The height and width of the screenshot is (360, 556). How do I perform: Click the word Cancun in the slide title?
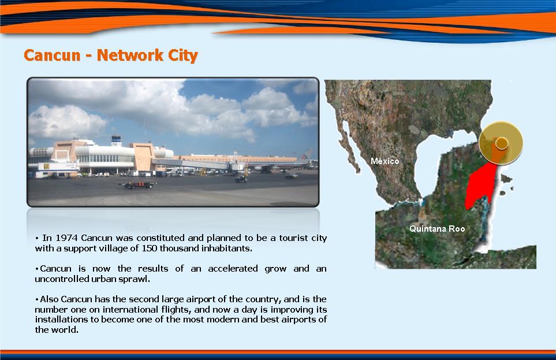click(52, 55)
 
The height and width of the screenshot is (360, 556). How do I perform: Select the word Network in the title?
click(130, 55)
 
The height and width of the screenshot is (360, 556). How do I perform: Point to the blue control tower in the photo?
click(116, 140)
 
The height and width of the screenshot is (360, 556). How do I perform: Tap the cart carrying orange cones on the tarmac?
click(139, 184)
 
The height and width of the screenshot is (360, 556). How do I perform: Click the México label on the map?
click(385, 161)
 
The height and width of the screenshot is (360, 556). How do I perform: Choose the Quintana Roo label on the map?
click(437, 229)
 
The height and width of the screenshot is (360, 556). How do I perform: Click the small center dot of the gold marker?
click(502, 143)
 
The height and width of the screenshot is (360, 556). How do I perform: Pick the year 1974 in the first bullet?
click(66, 238)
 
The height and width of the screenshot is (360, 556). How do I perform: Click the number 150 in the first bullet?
click(150, 248)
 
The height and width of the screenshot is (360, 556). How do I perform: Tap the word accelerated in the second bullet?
click(233, 269)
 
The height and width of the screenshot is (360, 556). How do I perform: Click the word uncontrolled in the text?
click(62, 279)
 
